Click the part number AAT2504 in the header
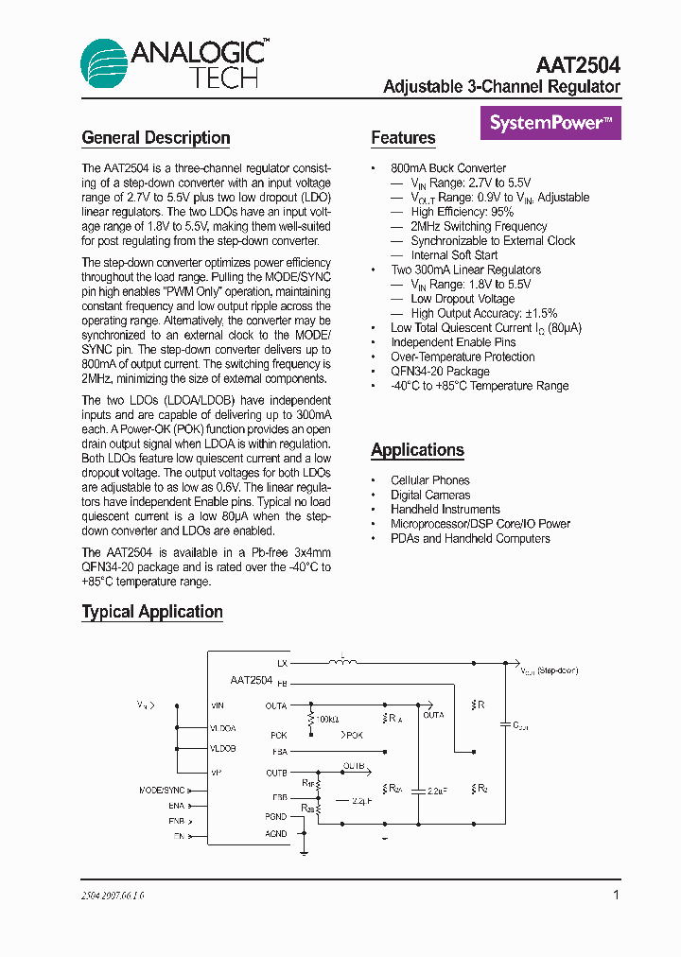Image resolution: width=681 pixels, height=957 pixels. (x=578, y=64)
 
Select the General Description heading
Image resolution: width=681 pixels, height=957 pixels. (x=156, y=138)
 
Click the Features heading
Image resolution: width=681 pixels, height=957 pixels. (x=403, y=138)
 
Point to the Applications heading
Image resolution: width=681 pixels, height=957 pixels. (x=417, y=450)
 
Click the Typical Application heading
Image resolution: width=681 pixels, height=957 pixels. (x=152, y=612)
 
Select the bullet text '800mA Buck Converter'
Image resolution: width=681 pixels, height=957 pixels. (x=448, y=168)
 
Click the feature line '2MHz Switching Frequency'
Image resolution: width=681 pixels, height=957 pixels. (x=479, y=226)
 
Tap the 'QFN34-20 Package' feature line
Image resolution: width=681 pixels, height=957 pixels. (x=440, y=371)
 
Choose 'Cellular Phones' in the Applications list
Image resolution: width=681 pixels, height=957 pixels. (x=429, y=480)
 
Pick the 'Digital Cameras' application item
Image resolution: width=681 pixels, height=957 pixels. (x=430, y=495)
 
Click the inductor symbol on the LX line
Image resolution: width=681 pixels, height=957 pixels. (x=342, y=661)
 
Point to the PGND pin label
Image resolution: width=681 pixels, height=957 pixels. (x=276, y=816)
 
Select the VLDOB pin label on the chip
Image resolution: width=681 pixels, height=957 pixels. (x=223, y=748)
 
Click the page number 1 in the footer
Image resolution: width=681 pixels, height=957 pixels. (x=616, y=895)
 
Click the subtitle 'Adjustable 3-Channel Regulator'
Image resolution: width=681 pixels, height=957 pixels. (x=501, y=87)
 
